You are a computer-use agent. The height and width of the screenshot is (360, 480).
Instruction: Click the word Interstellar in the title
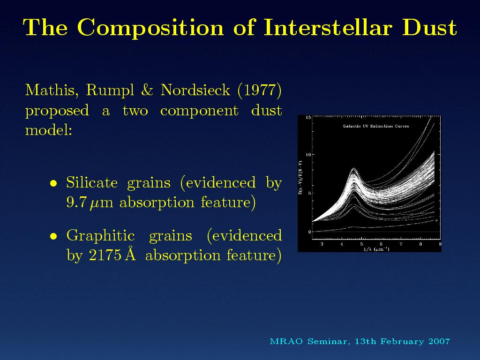pos(328,27)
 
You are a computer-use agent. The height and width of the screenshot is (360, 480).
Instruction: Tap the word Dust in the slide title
pos(429,27)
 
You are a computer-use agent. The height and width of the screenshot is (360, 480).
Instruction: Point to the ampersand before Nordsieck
pos(148,90)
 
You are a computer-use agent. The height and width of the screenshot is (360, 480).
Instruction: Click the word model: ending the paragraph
pos(49,130)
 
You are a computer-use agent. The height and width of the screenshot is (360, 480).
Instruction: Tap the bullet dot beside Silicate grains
pos(53,183)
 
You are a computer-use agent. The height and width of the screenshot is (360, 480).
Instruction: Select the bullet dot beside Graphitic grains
pos(53,236)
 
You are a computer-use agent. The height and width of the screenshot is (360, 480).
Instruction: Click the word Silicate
pos(92,182)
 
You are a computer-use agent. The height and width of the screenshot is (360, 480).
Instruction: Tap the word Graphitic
pos(100,236)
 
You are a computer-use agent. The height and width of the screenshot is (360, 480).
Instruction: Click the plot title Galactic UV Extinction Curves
pos(376,126)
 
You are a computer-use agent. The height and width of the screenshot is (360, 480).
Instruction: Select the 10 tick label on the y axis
pos(308,155)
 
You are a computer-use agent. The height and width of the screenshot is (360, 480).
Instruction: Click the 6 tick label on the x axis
pos(381,244)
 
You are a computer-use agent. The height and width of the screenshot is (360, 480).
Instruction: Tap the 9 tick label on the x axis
pos(440,244)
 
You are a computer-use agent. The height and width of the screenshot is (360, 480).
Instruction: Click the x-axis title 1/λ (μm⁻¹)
pos(376,249)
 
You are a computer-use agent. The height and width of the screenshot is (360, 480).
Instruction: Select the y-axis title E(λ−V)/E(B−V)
pos(301,178)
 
